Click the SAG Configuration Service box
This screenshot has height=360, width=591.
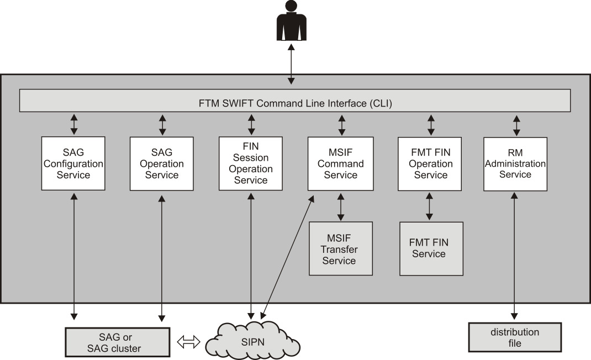click(x=73, y=164)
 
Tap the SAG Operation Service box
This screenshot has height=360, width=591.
click(x=162, y=164)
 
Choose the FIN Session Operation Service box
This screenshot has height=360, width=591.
click(x=251, y=164)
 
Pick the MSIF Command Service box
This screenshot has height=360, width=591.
click(x=340, y=164)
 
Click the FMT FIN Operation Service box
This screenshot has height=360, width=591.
click(x=430, y=164)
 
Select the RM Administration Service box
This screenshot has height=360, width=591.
click(x=515, y=164)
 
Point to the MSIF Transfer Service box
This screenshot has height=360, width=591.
click(x=340, y=248)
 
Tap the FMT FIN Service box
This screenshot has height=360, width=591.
click(x=431, y=248)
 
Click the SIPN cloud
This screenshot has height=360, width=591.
click(x=256, y=340)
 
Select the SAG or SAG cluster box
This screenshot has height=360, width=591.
click(x=117, y=342)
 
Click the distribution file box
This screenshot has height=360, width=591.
click(x=514, y=337)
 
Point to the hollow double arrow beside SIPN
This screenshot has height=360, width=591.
click(x=188, y=342)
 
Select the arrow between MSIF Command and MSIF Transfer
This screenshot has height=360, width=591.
click(x=340, y=206)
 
